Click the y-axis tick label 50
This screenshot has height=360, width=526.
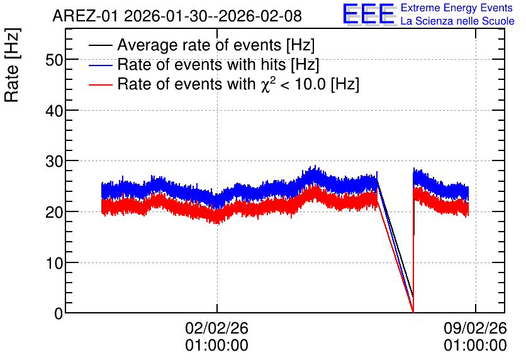pos(54,60)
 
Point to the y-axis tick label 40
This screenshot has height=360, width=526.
pos(54,111)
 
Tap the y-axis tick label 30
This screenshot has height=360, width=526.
pos(54,161)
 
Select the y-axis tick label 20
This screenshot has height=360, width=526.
pos(54,212)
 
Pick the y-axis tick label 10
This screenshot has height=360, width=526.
pos(54,263)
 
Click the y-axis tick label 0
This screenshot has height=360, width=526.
pos(59,313)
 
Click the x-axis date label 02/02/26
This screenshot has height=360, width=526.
pos(216,328)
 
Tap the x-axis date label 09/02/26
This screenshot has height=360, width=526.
pos(475,328)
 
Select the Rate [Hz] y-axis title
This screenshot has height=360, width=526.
pos(12,65)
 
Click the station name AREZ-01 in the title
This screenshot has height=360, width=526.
pos(85,16)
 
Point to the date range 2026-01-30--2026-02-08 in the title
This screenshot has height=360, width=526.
pos(213,16)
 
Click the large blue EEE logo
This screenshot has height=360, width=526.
pos(369,14)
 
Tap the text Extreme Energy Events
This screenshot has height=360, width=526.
pos(457,8)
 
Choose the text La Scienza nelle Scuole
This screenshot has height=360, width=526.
pos(457,21)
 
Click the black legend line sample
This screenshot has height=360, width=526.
pos(100,45)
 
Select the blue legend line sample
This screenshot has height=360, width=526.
pos(100,65)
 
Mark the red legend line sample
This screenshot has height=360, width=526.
pos(100,84)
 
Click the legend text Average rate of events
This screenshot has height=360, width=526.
pos(199,45)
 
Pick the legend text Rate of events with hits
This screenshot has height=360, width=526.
pos(201,64)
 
